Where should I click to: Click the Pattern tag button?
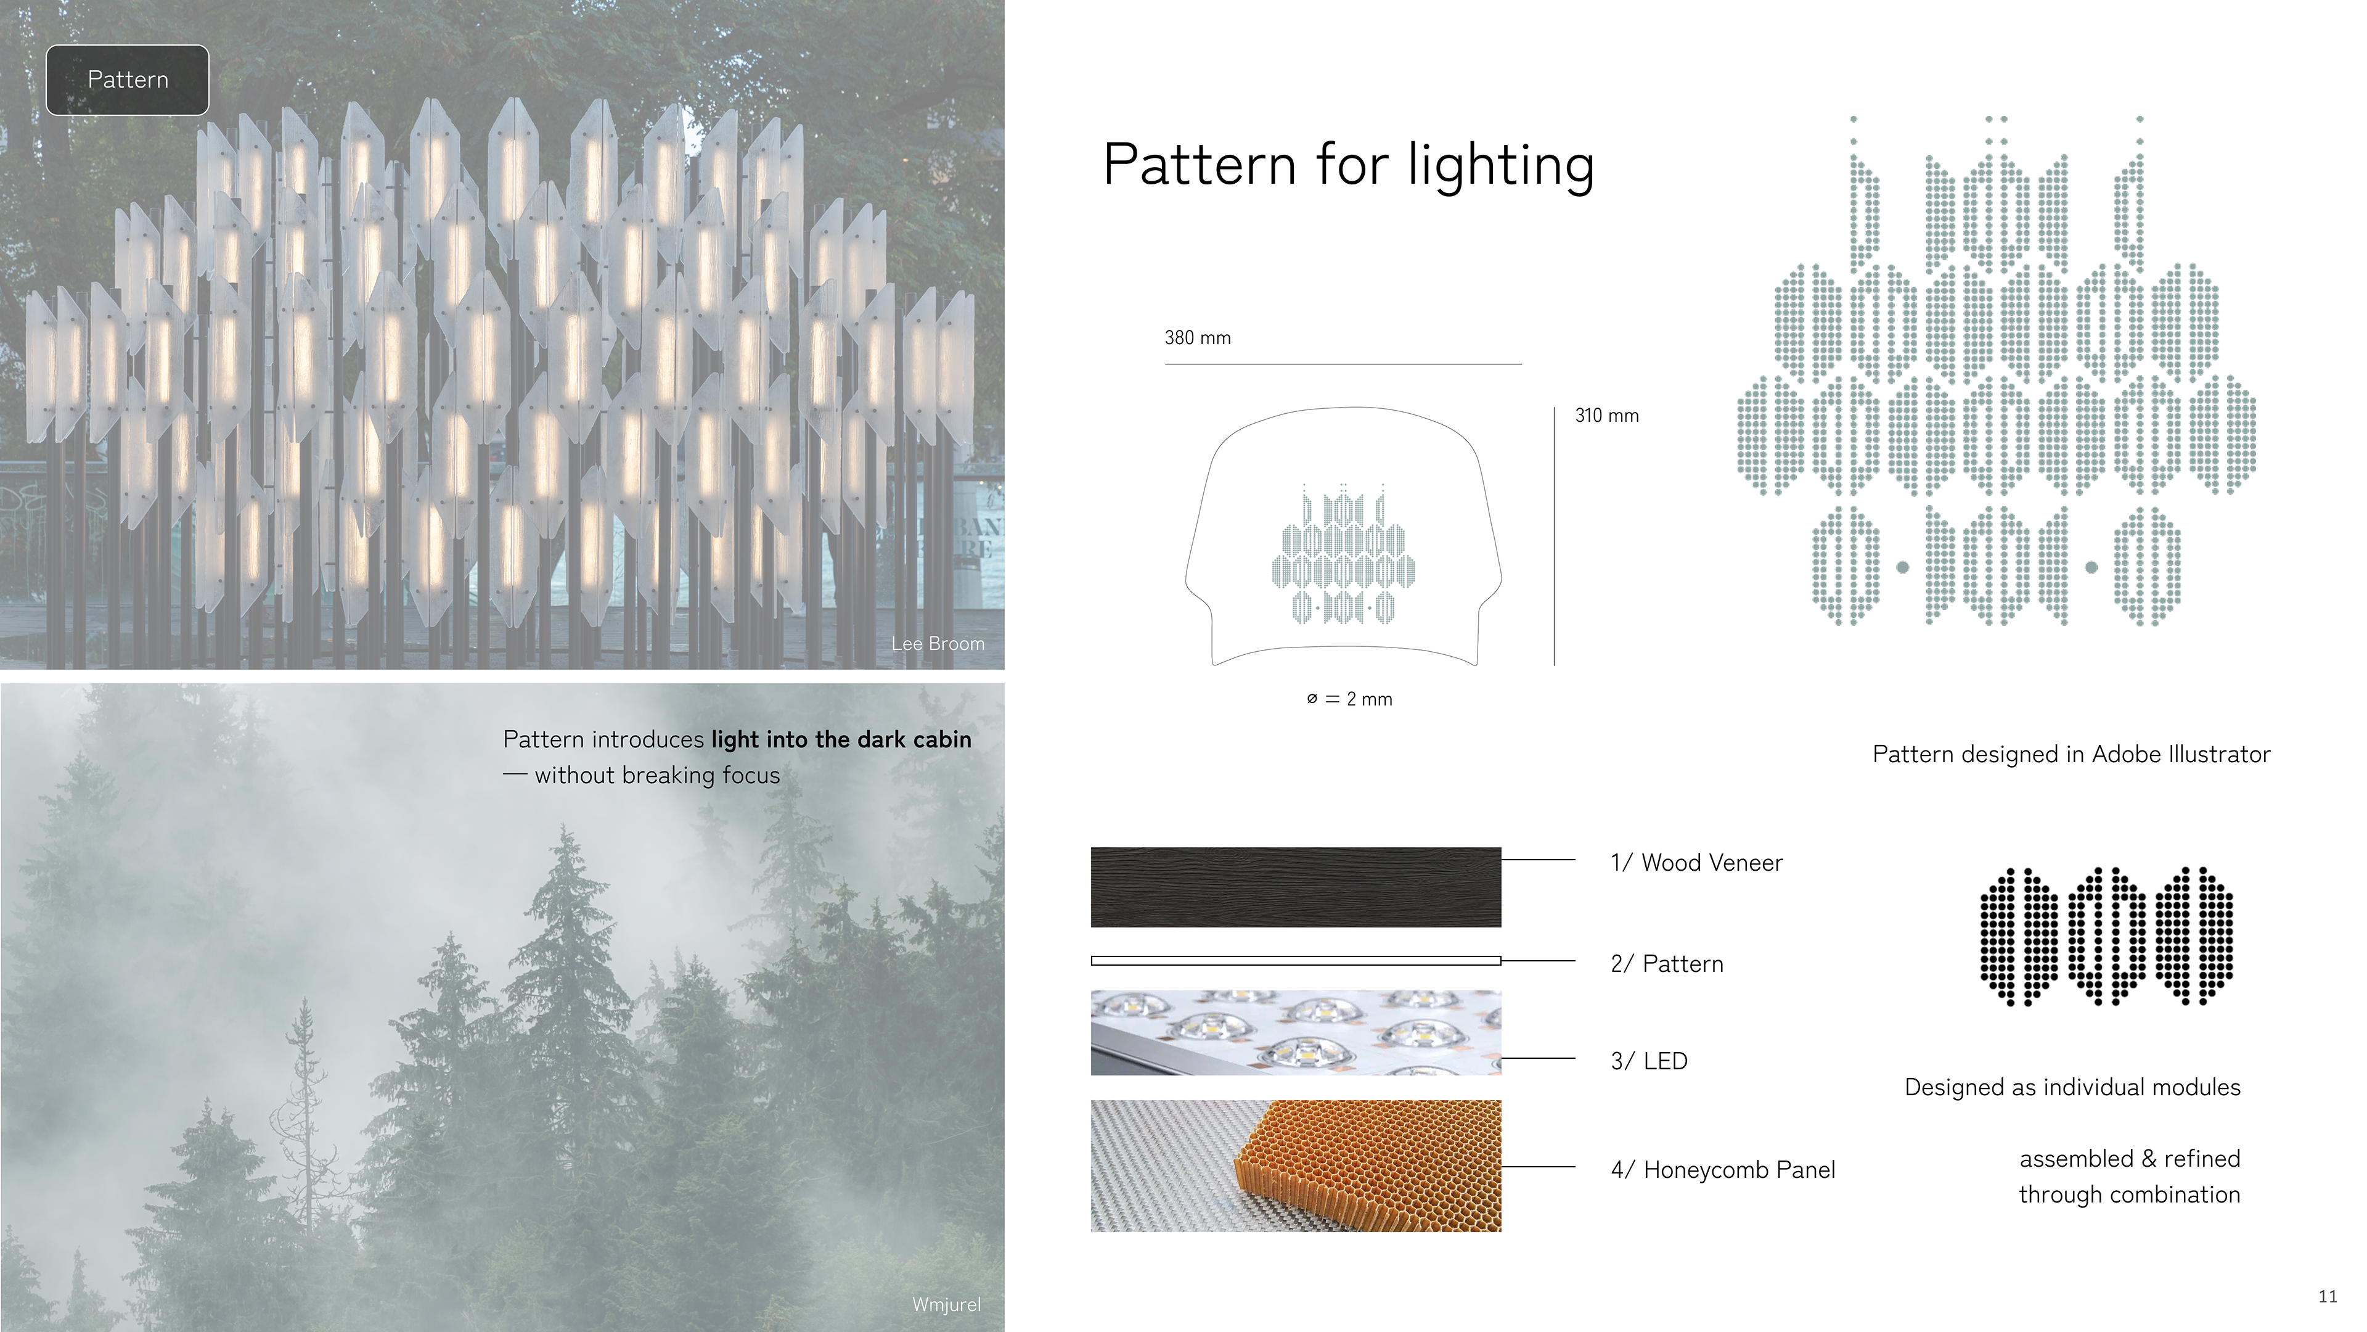tap(128, 80)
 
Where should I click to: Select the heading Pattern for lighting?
tap(1348, 165)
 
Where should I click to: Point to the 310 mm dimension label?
tap(1606, 416)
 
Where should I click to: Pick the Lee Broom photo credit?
tap(937, 643)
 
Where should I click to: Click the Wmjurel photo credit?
tap(946, 1304)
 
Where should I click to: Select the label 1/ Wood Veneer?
tap(1696, 862)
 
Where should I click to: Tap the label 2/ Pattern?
tap(1667, 963)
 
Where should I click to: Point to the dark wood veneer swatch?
tap(1296, 887)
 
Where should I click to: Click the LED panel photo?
tap(1296, 1032)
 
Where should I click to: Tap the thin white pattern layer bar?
tap(1296, 961)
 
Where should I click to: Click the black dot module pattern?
tap(2106, 936)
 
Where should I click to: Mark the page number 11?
tap(2328, 1296)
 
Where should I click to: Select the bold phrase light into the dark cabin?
tap(841, 740)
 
